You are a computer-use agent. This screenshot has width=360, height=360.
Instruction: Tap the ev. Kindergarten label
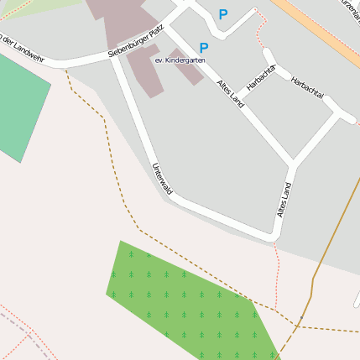click(x=179, y=60)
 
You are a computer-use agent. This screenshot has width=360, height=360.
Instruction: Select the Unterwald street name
click(x=162, y=179)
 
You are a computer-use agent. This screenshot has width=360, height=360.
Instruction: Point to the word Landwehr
click(x=27, y=49)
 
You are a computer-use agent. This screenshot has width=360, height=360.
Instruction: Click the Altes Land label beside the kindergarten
click(x=230, y=93)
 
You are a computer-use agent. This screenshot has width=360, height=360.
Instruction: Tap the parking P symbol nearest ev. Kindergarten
click(x=204, y=49)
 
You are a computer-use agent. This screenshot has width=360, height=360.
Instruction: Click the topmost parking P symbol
click(x=223, y=14)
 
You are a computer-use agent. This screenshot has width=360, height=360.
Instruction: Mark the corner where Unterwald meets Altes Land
click(x=274, y=233)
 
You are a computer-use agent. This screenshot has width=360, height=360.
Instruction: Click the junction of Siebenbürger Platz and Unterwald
click(x=114, y=56)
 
